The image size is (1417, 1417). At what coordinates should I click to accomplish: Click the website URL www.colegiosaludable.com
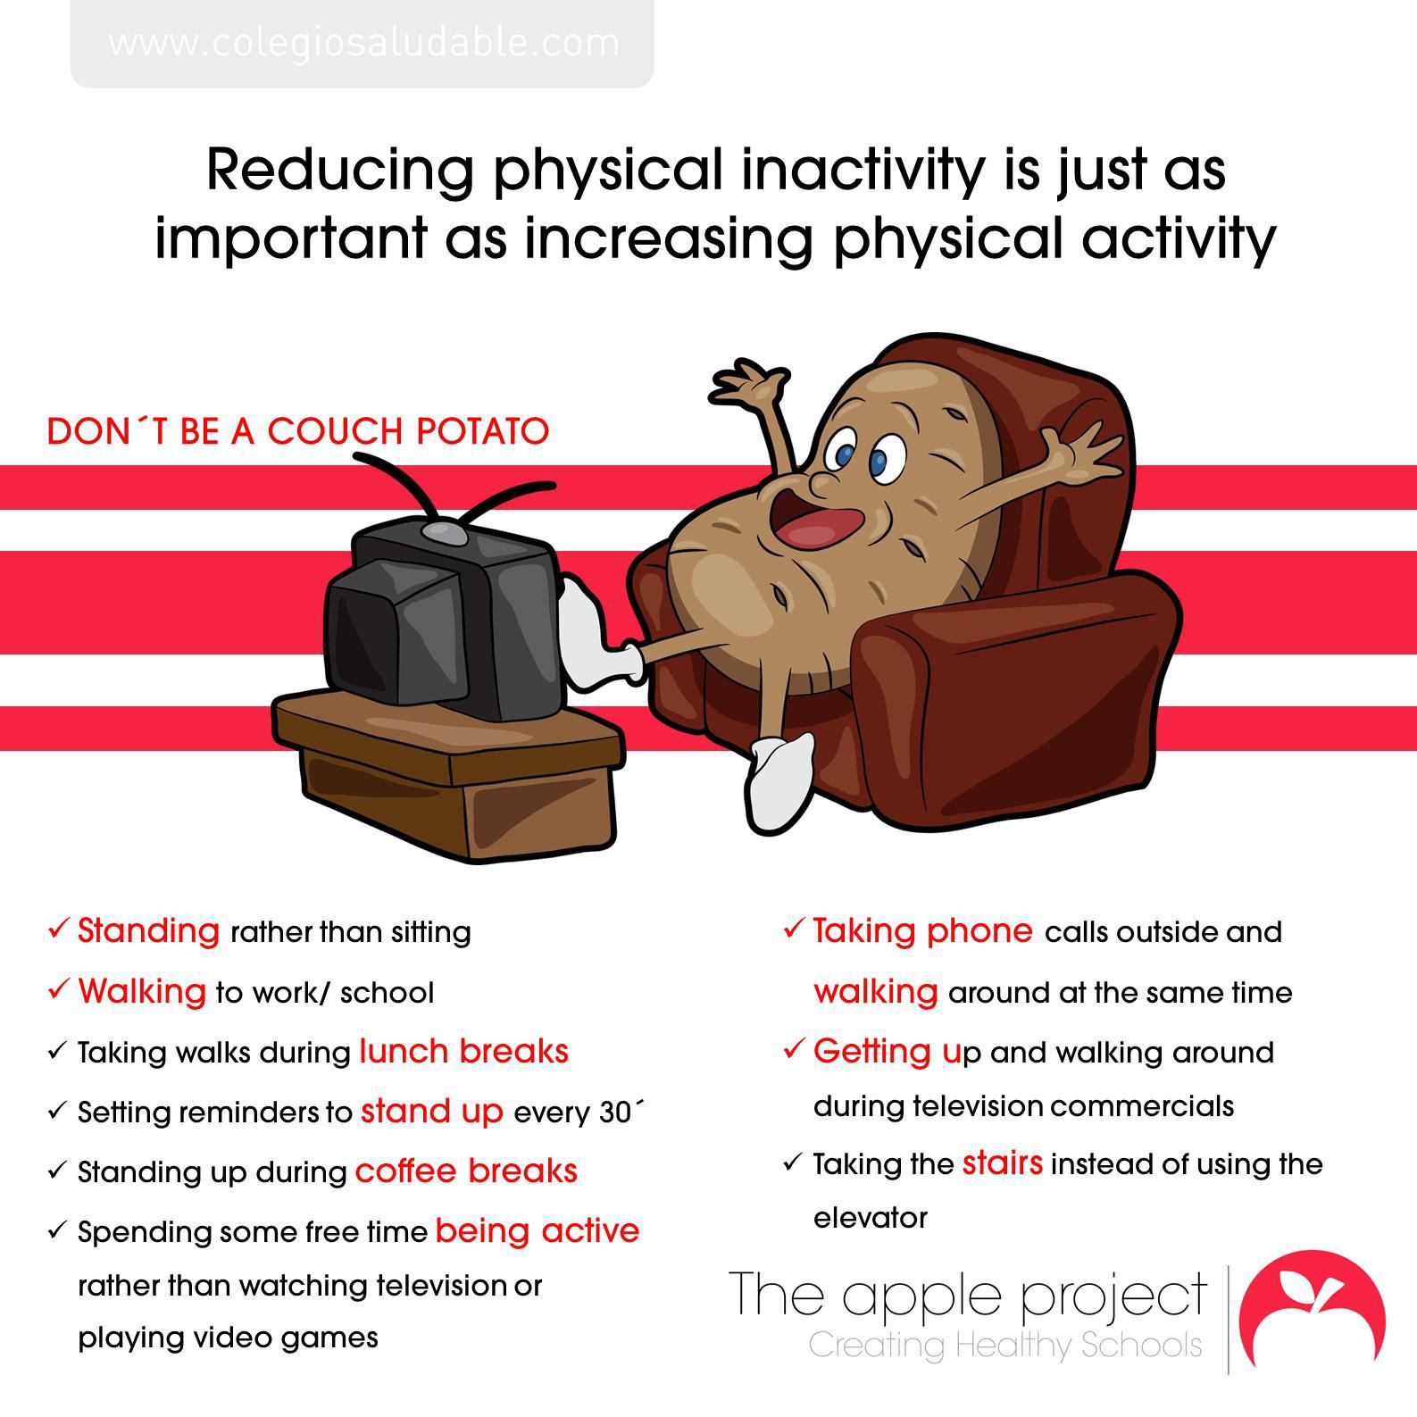pyautogui.click(x=363, y=43)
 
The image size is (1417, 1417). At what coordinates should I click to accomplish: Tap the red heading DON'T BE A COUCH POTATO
pyautogui.click(x=298, y=431)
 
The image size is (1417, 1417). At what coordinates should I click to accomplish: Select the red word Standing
pyautogui.click(x=148, y=930)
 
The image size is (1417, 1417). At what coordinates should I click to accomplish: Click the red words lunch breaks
pyautogui.click(x=464, y=1051)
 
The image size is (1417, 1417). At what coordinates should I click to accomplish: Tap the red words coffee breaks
pyautogui.click(x=466, y=1171)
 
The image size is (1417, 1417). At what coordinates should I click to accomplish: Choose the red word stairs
pyautogui.click(x=1003, y=1163)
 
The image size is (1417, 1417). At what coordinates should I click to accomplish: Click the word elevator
pyautogui.click(x=871, y=1217)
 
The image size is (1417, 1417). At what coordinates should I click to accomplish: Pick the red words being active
pyautogui.click(x=538, y=1231)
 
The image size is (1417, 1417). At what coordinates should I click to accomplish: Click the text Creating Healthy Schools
pyautogui.click(x=1005, y=1345)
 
